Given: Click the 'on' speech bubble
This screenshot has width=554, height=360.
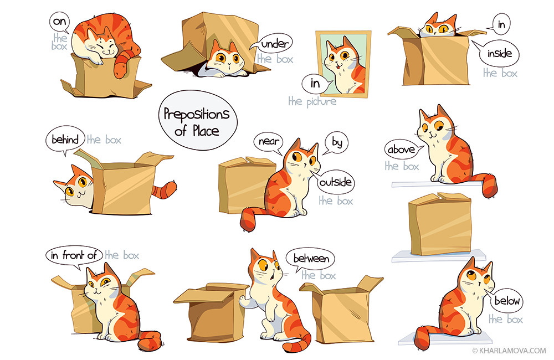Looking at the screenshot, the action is (59, 22).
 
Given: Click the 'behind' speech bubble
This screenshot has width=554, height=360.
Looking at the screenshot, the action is (65, 140).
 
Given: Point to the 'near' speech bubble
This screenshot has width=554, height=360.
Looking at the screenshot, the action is (269, 142).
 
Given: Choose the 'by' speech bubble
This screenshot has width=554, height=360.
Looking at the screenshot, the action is (336, 143).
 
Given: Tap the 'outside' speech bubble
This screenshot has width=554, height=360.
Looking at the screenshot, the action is (335, 182).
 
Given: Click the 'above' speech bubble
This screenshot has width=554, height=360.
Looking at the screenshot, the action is (401, 150).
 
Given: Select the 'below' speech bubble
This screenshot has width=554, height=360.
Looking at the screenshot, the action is (506, 301).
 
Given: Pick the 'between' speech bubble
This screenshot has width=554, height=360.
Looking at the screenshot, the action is (311, 259).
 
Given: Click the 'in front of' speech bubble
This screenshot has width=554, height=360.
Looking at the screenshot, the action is (74, 255).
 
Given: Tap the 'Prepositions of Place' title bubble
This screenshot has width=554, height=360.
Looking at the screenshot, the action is (198, 121).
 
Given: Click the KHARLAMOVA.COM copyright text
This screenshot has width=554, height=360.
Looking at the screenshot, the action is (509, 351).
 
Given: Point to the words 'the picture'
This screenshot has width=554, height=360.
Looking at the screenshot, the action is (312, 102).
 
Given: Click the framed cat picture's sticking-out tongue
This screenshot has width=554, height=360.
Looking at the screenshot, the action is (337, 65).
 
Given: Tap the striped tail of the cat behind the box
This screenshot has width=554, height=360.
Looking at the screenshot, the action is (165, 190).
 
